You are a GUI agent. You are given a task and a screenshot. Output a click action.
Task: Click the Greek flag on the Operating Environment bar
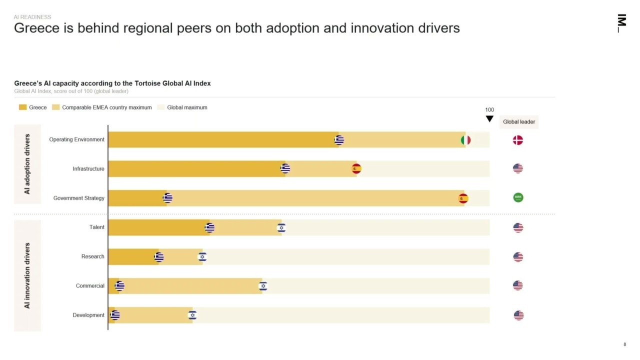339,140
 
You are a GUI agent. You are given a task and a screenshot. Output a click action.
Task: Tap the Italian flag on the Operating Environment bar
465,140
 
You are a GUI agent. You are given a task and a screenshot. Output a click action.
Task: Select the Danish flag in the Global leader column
517,140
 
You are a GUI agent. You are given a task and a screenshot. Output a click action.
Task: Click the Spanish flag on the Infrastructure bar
356,169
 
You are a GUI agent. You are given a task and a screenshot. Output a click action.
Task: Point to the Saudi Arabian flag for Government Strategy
518,197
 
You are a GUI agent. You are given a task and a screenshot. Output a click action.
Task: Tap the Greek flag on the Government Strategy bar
167,198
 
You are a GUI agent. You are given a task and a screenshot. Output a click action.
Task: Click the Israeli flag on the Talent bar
281,228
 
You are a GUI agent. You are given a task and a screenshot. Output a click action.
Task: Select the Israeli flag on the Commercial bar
263,286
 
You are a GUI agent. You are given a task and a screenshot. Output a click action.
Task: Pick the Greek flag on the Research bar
158,257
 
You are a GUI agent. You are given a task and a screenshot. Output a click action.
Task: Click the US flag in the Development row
518,315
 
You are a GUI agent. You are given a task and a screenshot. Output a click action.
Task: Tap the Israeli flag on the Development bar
192,315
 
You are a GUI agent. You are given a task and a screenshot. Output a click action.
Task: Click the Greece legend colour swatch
22,107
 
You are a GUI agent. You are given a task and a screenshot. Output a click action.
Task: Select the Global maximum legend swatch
160,107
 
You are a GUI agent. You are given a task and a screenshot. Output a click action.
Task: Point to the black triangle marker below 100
489,119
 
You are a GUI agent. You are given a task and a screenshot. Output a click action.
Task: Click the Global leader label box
518,122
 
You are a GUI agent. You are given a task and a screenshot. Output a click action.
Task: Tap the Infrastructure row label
88,169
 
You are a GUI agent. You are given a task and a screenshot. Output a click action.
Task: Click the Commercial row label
90,286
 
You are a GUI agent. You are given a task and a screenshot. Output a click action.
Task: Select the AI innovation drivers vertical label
27,275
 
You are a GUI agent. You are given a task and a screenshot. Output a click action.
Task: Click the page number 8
624,344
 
